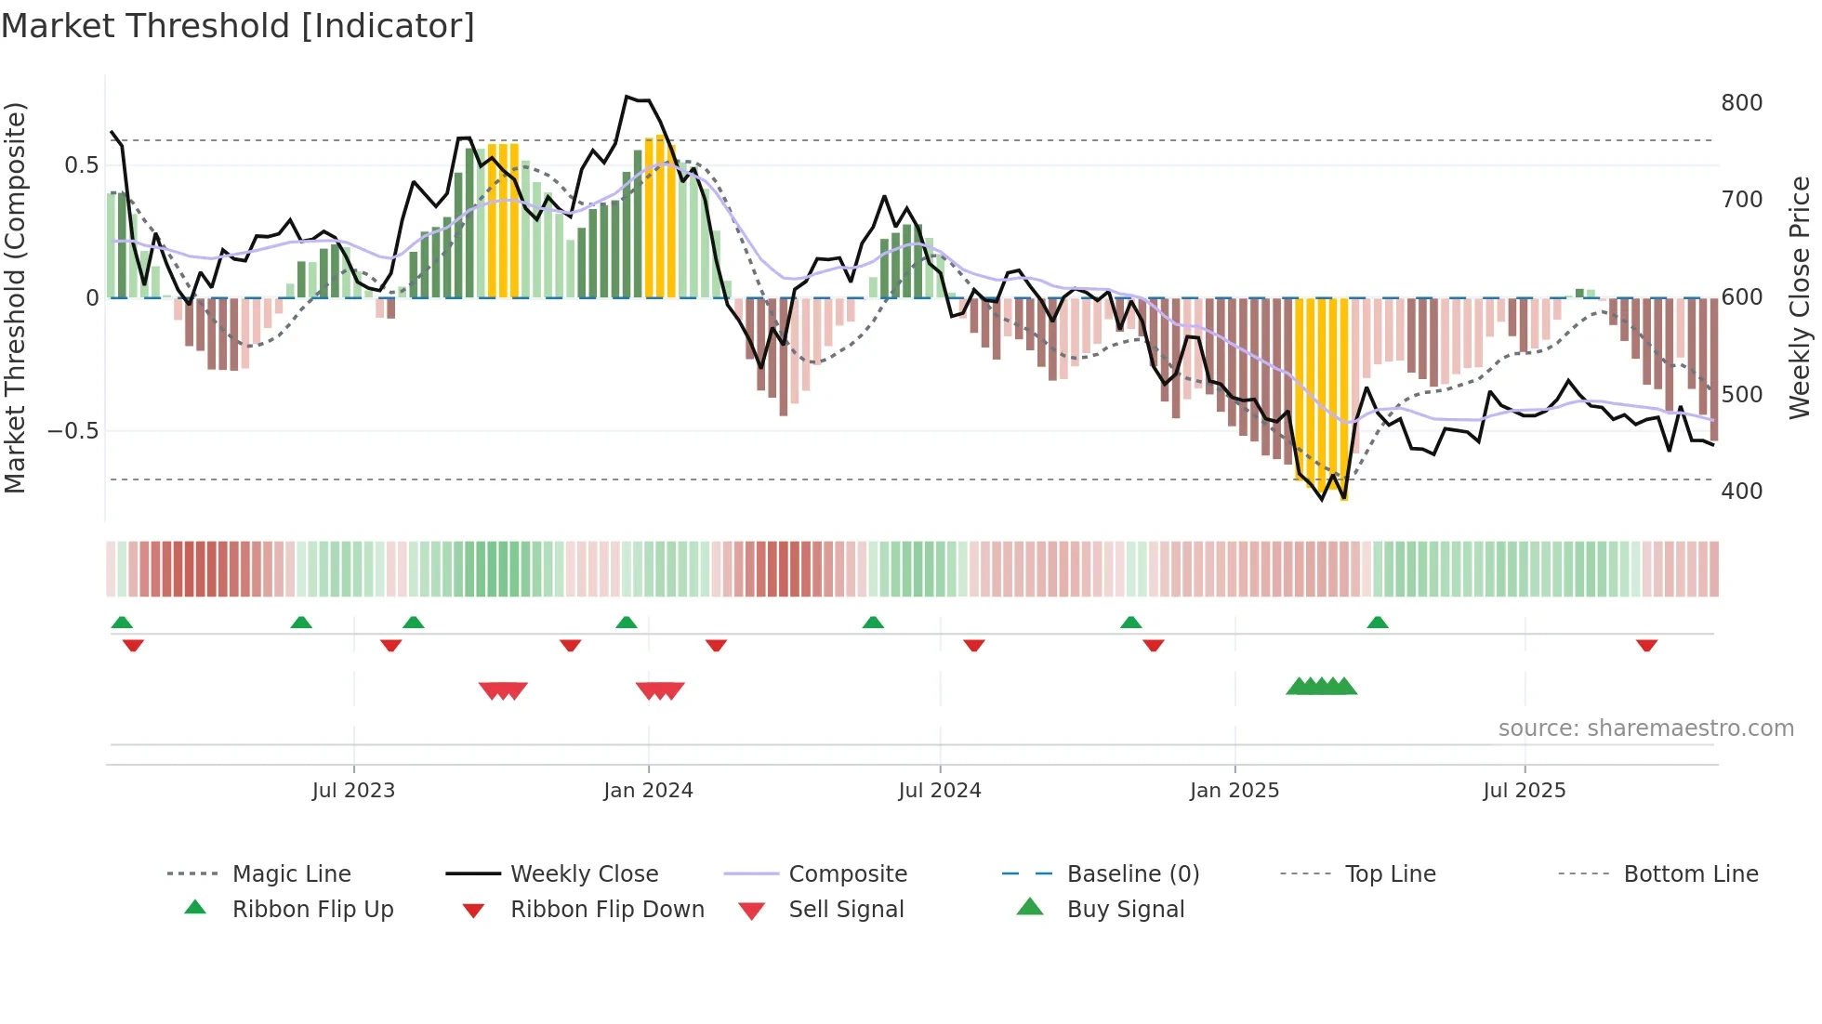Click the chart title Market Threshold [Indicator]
click(x=238, y=26)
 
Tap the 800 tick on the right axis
click(x=1741, y=103)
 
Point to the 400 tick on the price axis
click(x=1741, y=492)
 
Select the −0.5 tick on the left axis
click(x=73, y=431)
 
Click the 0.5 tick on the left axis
click(x=81, y=165)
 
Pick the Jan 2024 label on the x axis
click(x=648, y=791)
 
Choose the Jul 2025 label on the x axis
click(x=1524, y=791)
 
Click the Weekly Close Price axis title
click(x=1800, y=297)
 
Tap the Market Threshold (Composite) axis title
click(x=16, y=297)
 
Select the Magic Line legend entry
click(x=291, y=874)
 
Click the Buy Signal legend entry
click(x=1125, y=910)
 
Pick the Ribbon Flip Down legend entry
click(x=607, y=910)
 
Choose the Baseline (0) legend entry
click(x=1132, y=874)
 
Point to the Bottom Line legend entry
click(x=1690, y=874)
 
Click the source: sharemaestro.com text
click(x=1645, y=729)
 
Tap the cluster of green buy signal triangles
click(x=1321, y=687)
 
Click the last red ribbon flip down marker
click(x=1646, y=645)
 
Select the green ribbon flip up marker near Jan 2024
click(x=627, y=623)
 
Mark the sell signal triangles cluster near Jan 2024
click(x=660, y=690)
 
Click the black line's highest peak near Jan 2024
click(x=627, y=97)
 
